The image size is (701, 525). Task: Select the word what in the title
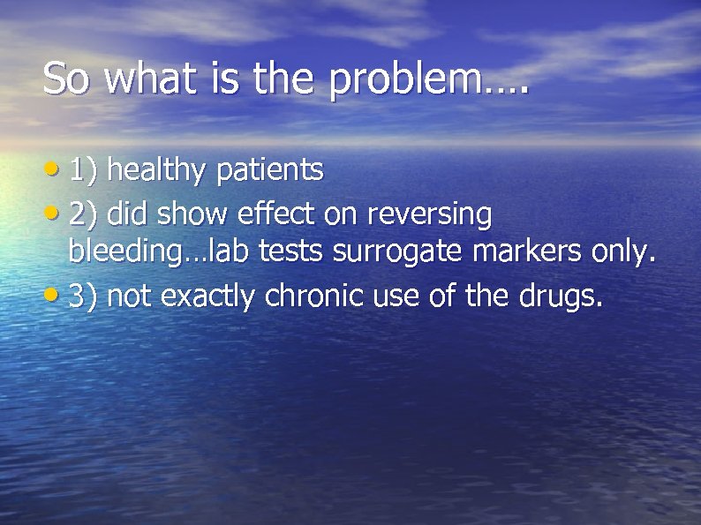(x=153, y=79)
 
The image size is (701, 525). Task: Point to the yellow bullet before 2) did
(x=55, y=213)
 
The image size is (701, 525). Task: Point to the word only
(x=623, y=254)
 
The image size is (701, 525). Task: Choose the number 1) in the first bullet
(x=84, y=170)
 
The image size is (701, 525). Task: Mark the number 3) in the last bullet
(x=84, y=297)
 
